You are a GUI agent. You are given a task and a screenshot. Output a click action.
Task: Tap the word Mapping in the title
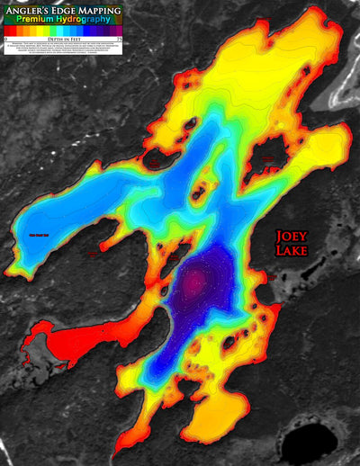point(95,10)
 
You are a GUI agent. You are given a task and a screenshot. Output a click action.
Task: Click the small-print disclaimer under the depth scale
point(64,50)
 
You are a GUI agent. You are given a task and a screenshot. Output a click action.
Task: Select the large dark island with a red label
point(266,162)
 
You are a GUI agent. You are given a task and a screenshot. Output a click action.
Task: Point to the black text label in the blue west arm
point(40,237)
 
